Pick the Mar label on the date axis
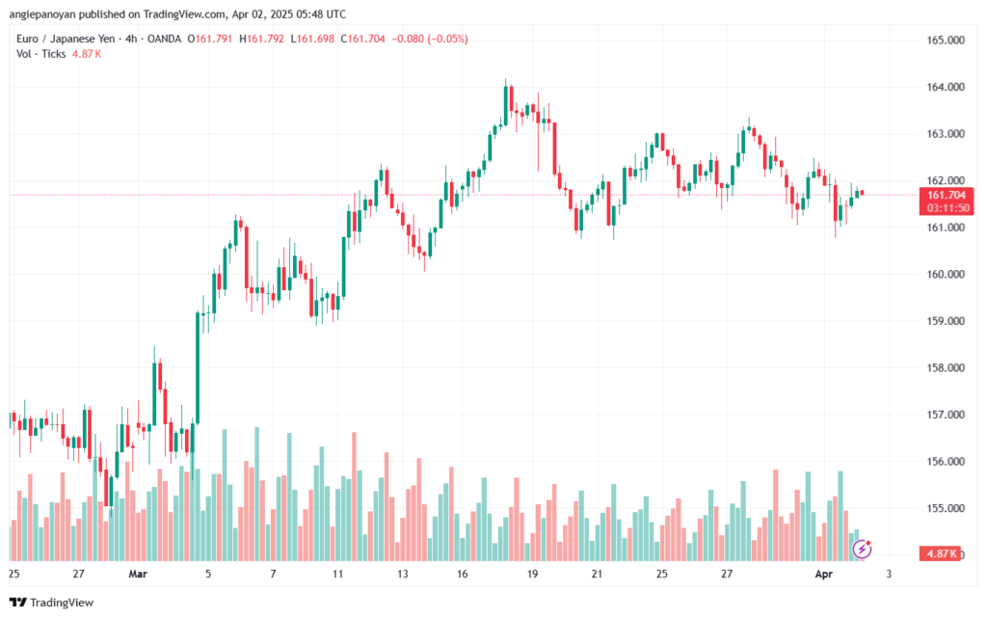[139, 575]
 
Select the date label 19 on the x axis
[532, 575]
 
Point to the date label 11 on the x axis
[337, 575]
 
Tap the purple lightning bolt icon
[864, 549]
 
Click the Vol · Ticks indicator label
[41, 54]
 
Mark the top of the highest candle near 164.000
[506, 84]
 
